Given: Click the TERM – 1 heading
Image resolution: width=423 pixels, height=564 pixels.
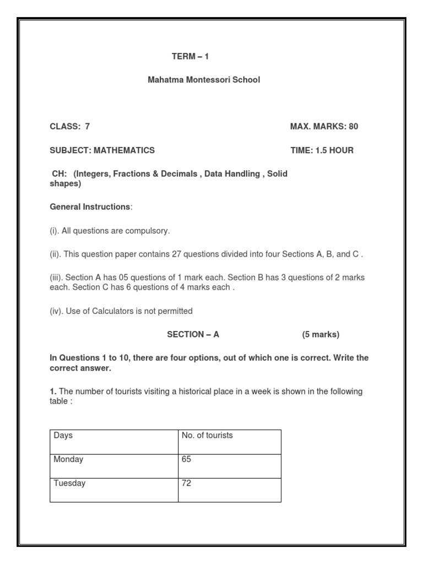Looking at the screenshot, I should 191,57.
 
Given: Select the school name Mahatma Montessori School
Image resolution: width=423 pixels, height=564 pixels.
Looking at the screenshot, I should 204,80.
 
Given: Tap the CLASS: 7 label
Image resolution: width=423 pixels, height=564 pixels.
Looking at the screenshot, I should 70,127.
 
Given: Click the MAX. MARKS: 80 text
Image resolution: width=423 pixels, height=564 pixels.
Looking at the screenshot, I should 324,127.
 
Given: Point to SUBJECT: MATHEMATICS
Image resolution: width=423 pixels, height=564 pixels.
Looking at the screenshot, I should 102,150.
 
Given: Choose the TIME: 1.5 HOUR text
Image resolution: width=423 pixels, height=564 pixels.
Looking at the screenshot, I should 322,150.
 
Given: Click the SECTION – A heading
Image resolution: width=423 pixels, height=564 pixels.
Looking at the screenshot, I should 193,334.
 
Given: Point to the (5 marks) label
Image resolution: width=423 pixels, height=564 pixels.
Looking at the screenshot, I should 321,334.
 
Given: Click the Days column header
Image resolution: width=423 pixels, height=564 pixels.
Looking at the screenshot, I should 63,436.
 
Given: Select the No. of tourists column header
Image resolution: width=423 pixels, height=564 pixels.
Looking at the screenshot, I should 207,436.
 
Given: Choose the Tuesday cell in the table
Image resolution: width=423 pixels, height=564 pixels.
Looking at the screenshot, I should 69,484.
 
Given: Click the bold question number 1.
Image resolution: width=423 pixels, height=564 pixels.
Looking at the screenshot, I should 53,392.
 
